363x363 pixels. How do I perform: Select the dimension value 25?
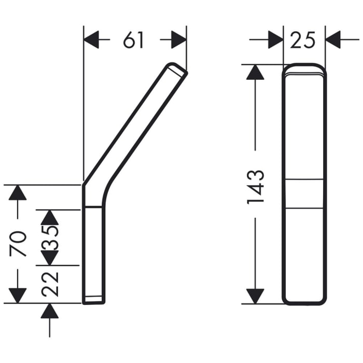click(x=303, y=39)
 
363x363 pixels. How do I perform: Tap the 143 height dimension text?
click(x=256, y=185)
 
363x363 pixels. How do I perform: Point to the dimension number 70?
click(x=19, y=244)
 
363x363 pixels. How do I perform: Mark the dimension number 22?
click(x=50, y=284)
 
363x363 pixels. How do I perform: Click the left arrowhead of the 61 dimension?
click(x=92, y=40)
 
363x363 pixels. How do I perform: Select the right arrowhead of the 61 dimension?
click(x=178, y=40)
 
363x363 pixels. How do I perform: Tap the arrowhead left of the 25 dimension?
click(x=275, y=39)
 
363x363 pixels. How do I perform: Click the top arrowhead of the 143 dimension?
click(x=255, y=72)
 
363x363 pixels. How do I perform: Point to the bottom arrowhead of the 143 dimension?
click(x=255, y=296)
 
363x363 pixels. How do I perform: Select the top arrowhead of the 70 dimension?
click(x=18, y=192)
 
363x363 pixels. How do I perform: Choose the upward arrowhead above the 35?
click(x=50, y=217)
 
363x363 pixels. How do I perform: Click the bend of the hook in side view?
click(x=93, y=189)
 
